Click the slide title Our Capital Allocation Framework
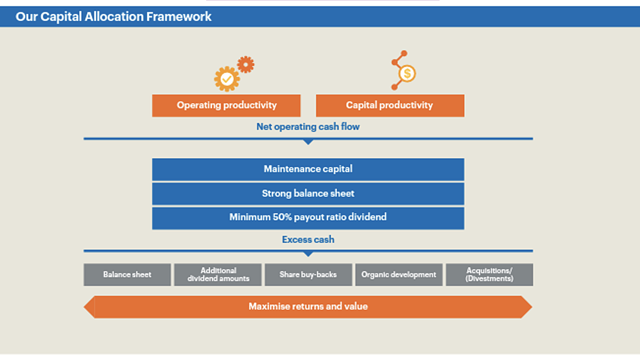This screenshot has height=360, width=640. (113, 17)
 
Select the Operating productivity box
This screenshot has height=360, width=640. (226, 105)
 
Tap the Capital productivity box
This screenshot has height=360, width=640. (390, 105)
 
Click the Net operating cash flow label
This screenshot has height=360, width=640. (308, 126)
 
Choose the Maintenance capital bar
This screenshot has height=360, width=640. (308, 169)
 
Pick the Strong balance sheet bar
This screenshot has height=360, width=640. (308, 194)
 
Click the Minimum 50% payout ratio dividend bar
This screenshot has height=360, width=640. (308, 219)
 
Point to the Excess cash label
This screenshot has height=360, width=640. (308, 239)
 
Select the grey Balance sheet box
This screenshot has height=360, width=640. (127, 274)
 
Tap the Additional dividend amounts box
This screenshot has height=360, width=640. (218, 274)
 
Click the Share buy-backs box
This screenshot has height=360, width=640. (309, 274)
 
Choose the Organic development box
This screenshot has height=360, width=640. (399, 274)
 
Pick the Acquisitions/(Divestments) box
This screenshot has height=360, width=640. (490, 274)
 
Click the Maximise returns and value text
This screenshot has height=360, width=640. (308, 306)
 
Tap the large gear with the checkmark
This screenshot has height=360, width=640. (227, 79)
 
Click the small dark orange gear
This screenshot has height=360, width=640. (246, 65)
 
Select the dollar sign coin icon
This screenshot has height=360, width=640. (407, 74)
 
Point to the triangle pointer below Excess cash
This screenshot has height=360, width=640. (308, 254)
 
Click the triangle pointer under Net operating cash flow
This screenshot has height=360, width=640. (308, 142)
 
